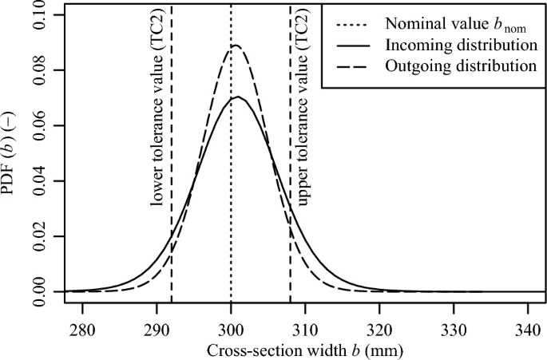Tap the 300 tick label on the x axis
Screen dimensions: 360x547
pyautogui.click(x=231, y=330)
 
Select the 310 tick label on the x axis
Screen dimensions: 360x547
pyautogui.click(x=305, y=330)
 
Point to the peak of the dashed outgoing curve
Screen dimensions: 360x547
pyautogui.click(x=235, y=45)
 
